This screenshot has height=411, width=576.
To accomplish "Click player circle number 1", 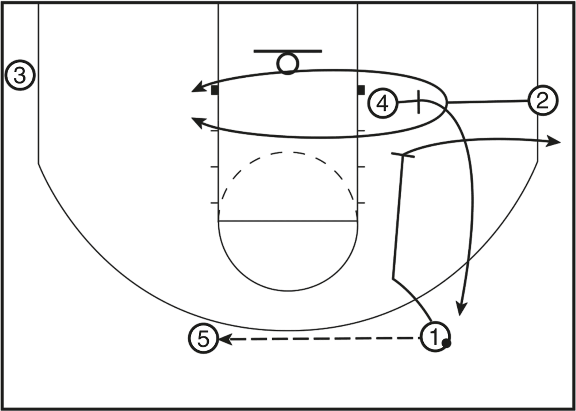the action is pos(435,336).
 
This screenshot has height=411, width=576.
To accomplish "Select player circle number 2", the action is pos(542,101).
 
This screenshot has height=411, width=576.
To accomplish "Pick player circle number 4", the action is pos(383,104).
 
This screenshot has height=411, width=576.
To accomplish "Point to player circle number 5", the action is pos(204,338).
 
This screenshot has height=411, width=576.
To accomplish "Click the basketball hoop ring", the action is pos(288,64).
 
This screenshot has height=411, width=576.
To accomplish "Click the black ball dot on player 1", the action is pos(447,343).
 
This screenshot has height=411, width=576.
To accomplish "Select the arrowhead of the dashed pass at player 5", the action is pos(225,339).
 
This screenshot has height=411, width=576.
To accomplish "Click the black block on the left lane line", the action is pos(215,90).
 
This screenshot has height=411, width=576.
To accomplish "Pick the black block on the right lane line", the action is pos(361,90).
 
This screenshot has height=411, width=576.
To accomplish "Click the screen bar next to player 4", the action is pos(419,102).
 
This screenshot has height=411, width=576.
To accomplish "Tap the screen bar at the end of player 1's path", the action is pos(403,155).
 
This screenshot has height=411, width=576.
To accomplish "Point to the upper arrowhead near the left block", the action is pos(198,88).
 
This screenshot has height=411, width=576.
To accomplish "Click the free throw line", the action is pos(288,221).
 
